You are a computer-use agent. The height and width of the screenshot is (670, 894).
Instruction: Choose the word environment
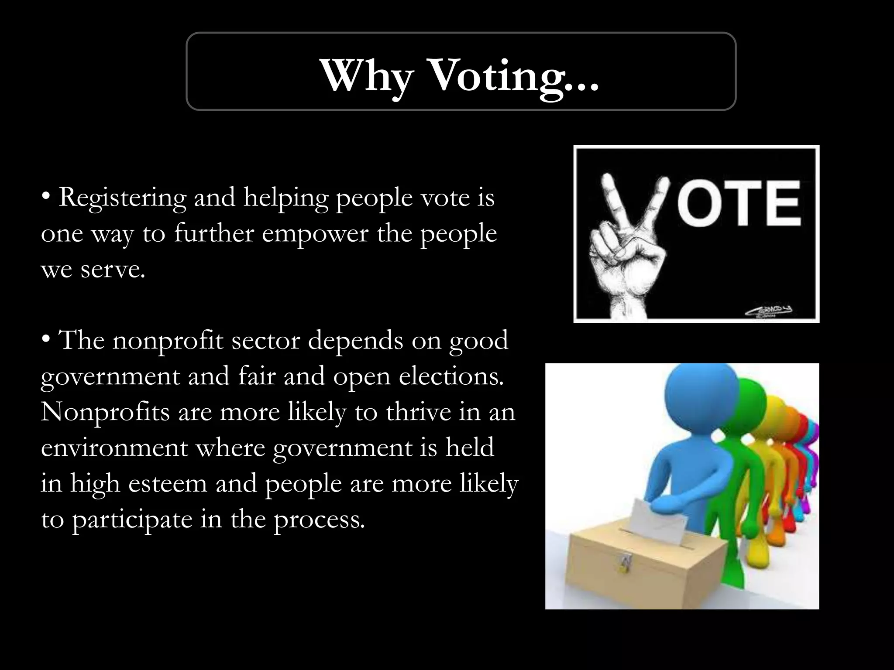coord(114,448)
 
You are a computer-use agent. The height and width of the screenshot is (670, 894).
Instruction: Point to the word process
coord(319,520)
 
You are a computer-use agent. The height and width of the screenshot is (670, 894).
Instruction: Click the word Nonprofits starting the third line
coord(105,412)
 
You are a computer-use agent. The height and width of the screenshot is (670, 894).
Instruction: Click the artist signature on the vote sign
coord(769,311)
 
